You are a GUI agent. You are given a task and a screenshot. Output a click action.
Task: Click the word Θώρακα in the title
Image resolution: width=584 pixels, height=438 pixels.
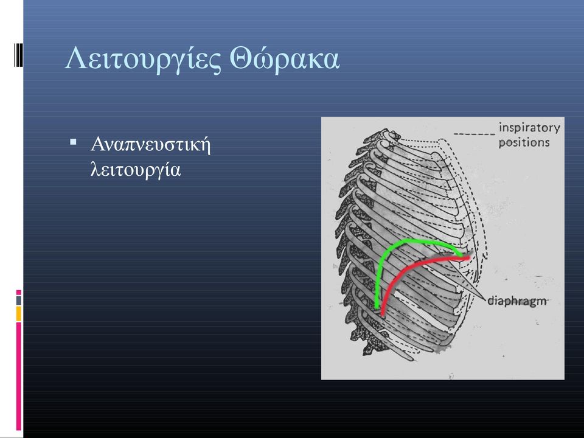(x=285, y=58)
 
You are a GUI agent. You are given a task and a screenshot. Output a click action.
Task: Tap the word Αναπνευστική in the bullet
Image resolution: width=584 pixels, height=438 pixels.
(x=150, y=145)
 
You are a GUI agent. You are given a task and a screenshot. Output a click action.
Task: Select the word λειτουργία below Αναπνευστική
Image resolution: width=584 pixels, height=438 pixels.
(x=136, y=169)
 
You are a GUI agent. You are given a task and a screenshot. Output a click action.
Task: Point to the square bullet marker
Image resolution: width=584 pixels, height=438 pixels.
(x=73, y=142)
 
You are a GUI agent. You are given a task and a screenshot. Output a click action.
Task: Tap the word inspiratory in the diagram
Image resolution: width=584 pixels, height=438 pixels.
(x=529, y=128)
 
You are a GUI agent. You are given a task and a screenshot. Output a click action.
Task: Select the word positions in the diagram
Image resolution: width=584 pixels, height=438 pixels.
(x=524, y=142)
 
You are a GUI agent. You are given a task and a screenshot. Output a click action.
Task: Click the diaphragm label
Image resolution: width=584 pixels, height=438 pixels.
(x=517, y=301)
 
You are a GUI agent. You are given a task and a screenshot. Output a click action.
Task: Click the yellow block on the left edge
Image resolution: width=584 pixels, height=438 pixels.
(x=19, y=314)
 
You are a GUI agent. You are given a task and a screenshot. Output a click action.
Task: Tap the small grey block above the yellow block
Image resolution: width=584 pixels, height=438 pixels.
(x=19, y=300)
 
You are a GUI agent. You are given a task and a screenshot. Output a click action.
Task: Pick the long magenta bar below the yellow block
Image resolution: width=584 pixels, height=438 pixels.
(x=19, y=376)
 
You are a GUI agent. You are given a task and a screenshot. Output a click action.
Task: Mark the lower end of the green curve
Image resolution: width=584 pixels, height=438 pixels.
(x=377, y=308)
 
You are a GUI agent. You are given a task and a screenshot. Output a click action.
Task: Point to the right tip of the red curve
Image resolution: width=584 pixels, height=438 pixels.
(x=468, y=257)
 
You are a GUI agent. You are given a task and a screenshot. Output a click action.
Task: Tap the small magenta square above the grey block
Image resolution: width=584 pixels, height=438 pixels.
(x=19, y=293)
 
